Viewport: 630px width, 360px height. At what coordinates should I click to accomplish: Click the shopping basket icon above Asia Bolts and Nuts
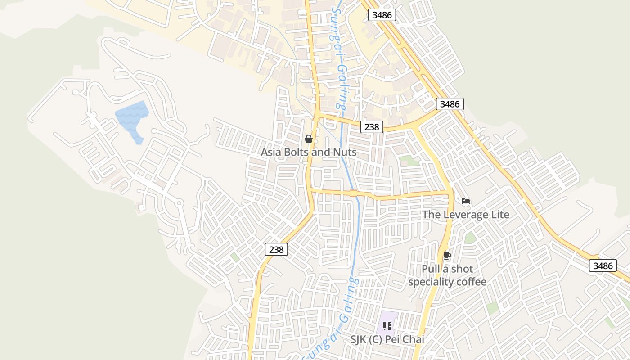pyautogui.click(x=309, y=139)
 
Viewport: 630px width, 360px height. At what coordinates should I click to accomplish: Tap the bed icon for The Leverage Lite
pyautogui.click(x=466, y=201)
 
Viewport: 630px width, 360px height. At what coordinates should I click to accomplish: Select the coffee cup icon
pyautogui.click(x=447, y=256)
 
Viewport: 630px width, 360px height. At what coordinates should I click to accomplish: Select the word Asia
pyautogui.click(x=271, y=152)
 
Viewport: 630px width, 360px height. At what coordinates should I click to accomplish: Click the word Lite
pyautogui.click(x=499, y=215)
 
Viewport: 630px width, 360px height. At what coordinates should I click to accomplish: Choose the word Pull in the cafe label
pyautogui.click(x=430, y=269)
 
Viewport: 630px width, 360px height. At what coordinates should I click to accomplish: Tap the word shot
pyautogui.click(x=462, y=269)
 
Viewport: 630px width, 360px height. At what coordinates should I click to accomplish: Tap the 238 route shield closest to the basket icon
pyautogui.click(x=372, y=127)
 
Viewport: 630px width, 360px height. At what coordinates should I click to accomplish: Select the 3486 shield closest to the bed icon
pyautogui.click(x=450, y=104)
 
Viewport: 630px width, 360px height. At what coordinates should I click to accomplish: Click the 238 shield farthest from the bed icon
pyautogui.click(x=276, y=249)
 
